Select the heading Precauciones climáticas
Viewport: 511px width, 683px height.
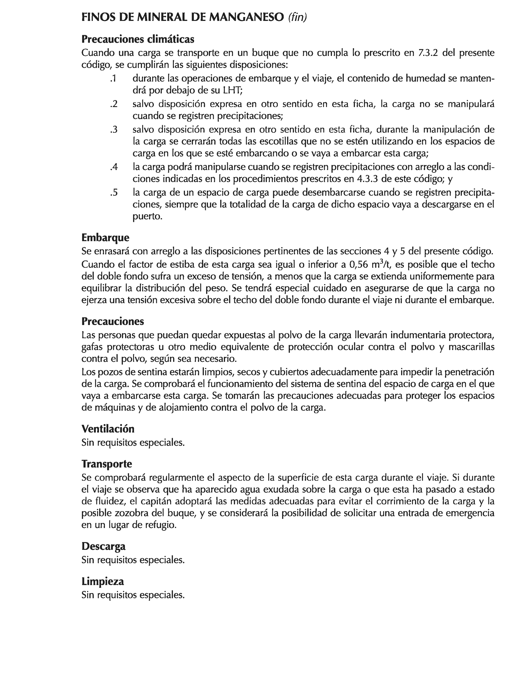pyautogui.click(x=138, y=39)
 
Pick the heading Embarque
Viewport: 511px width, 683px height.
pyautogui.click(x=105, y=237)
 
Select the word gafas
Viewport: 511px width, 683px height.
pyautogui.click(x=92, y=347)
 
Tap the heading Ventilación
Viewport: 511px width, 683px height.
pyautogui.click(x=108, y=429)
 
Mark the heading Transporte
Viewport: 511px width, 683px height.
pyautogui.click(x=107, y=464)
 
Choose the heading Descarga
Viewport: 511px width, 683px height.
pyautogui.click(x=103, y=546)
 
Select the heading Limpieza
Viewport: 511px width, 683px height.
pyautogui.click(x=103, y=581)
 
